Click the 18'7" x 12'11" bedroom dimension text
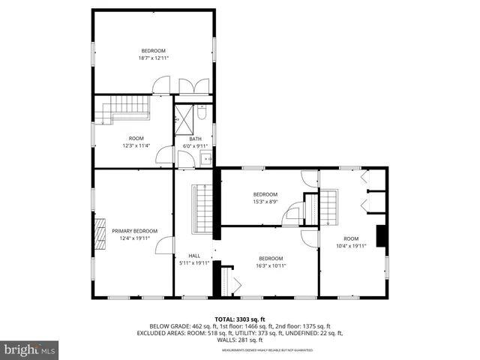[x=154, y=58]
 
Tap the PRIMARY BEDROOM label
[x=135, y=231]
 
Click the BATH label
[x=195, y=139]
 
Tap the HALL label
[x=194, y=256]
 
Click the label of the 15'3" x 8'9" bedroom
[x=264, y=194]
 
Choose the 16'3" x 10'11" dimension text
[x=271, y=265]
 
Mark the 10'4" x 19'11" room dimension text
[x=351, y=245]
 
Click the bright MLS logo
[x=30, y=349]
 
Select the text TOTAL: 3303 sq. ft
[x=239, y=319]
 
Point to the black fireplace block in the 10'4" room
[x=382, y=235]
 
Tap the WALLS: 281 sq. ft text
[x=239, y=340]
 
